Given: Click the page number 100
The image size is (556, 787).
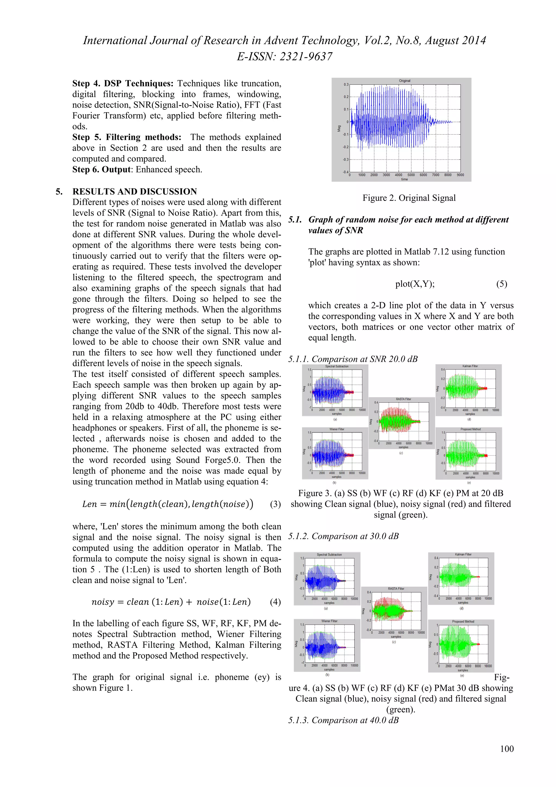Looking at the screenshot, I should click(x=507, y=749).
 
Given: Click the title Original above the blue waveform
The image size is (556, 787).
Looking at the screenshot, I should click(x=404, y=81).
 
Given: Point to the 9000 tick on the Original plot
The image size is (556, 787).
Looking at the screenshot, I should click(x=460, y=175).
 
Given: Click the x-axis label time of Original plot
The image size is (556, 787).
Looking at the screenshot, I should click(x=404, y=179).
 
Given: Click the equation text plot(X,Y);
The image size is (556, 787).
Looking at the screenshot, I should click(x=415, y=284).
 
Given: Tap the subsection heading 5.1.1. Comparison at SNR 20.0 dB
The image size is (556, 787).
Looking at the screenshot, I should click(x=353, y=359).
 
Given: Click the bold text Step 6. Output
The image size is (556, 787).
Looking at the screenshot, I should click(x=102, y=169).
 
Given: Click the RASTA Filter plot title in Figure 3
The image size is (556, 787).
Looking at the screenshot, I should click(x=403, y=399).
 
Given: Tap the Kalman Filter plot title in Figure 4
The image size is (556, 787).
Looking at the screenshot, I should click(x=463, y=554).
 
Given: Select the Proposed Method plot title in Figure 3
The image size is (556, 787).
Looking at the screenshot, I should click(x=470, y=429).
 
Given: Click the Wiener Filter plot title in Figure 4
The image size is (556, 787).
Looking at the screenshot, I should click(x=329, y=621).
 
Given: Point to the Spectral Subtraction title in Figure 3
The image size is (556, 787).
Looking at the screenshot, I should click(x=336, y=366).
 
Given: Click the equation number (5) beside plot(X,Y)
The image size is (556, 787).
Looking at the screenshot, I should click(x=501, y=284).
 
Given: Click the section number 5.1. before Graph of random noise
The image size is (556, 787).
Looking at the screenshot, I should click(x=295, y=219).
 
